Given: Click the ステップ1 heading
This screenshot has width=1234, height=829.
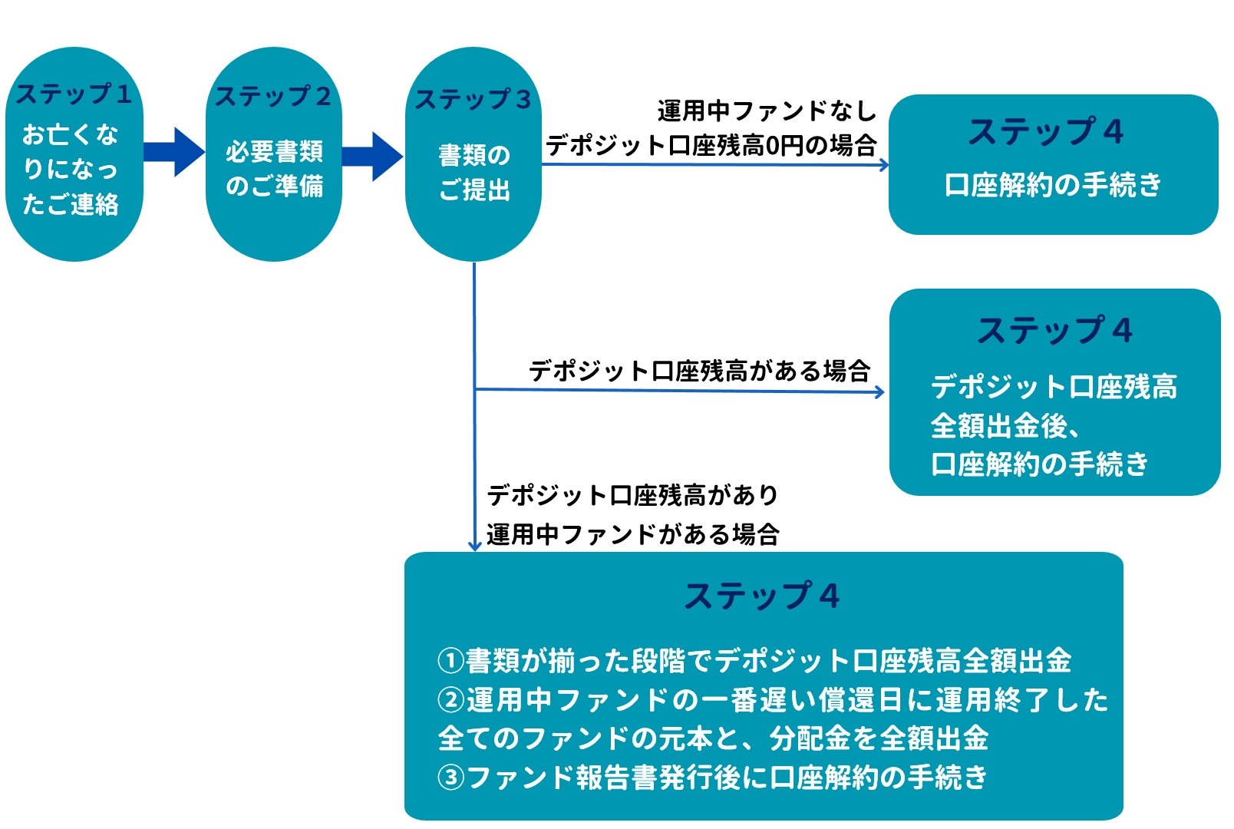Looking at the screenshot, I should click(74, 94).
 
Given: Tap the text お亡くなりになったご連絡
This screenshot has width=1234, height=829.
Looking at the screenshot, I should click(71, 169).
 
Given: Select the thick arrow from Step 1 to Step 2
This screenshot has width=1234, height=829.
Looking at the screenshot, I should click(173, 152).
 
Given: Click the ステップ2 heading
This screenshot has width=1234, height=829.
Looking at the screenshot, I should click(273, 97).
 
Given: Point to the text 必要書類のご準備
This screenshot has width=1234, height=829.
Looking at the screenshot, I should click(274, 168).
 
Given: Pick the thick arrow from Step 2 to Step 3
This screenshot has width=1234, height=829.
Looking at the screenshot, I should click(372, 156).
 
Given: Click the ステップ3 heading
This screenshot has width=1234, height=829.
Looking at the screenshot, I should click(473, 99).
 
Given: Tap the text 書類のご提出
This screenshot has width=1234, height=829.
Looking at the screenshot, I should click(473, 172).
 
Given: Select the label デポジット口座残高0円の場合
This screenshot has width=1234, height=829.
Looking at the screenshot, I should click(711, 145).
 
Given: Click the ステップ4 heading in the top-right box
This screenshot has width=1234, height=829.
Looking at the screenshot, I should click(1046, 131).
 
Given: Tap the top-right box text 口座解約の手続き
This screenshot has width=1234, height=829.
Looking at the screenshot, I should click(1053, 185).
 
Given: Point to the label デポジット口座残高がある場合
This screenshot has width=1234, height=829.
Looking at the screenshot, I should click(699, 371).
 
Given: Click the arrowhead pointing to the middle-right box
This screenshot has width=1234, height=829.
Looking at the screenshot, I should click(879, 392).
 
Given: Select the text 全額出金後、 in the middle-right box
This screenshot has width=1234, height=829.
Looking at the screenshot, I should click(1005, 425).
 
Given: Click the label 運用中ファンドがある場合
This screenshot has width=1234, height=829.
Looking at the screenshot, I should click(632, 534).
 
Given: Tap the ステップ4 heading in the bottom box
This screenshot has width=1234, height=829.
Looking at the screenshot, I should click(762, 596).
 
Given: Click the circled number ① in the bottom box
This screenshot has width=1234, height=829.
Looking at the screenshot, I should click(450, 660).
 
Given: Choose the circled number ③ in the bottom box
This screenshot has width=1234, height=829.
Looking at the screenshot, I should click(450, 778).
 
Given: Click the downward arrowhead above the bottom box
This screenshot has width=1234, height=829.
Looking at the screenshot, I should click(474, 545).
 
